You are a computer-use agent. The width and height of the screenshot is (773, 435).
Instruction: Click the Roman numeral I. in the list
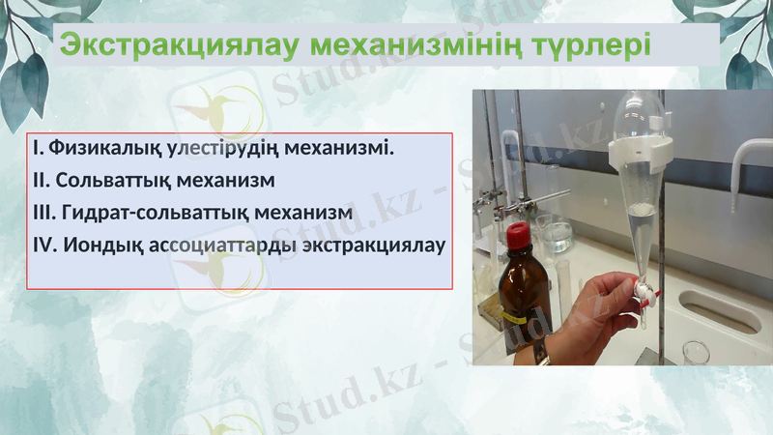38,150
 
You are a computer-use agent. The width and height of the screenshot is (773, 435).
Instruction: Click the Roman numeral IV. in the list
45,244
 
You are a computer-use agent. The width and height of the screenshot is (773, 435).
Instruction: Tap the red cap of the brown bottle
518,234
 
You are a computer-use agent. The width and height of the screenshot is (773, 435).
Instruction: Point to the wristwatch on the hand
540,352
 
